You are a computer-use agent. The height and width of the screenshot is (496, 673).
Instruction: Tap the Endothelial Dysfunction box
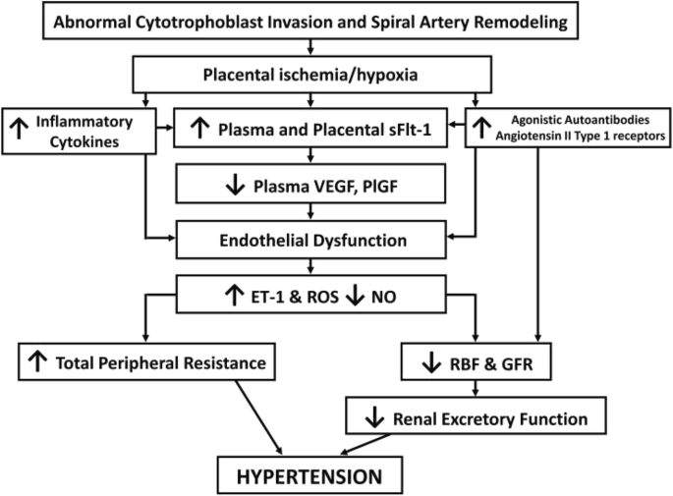312,237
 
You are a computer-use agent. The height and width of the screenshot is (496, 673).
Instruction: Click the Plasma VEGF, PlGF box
312,182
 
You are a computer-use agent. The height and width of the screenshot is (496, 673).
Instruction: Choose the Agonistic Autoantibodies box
569,127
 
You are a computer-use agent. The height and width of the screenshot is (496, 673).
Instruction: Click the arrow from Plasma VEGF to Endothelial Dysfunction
312,209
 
